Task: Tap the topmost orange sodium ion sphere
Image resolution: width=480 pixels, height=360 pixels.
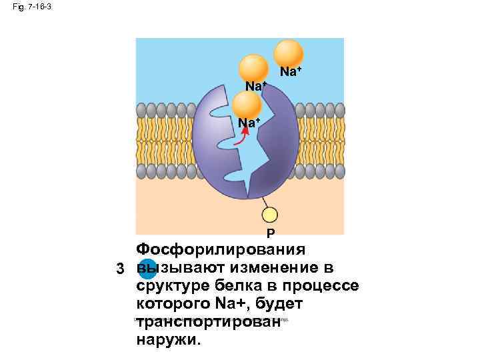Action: (x=289, y=53)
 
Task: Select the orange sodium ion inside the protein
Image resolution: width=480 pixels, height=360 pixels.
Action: (x=247, y=105)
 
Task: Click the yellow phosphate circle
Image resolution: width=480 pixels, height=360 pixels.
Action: (x=269, y=215)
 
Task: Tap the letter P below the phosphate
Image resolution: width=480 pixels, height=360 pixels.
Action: (x=269, y=233)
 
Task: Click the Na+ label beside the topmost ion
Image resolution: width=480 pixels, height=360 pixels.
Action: (x=290, y=71)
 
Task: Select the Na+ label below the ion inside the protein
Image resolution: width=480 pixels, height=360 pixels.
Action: (x=249, y=123)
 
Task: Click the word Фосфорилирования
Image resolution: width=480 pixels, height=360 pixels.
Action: (x=220, y=250)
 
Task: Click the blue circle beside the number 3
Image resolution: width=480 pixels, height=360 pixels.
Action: (x=149, y=269)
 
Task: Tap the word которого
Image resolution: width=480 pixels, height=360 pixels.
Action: (x=173, y=304)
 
